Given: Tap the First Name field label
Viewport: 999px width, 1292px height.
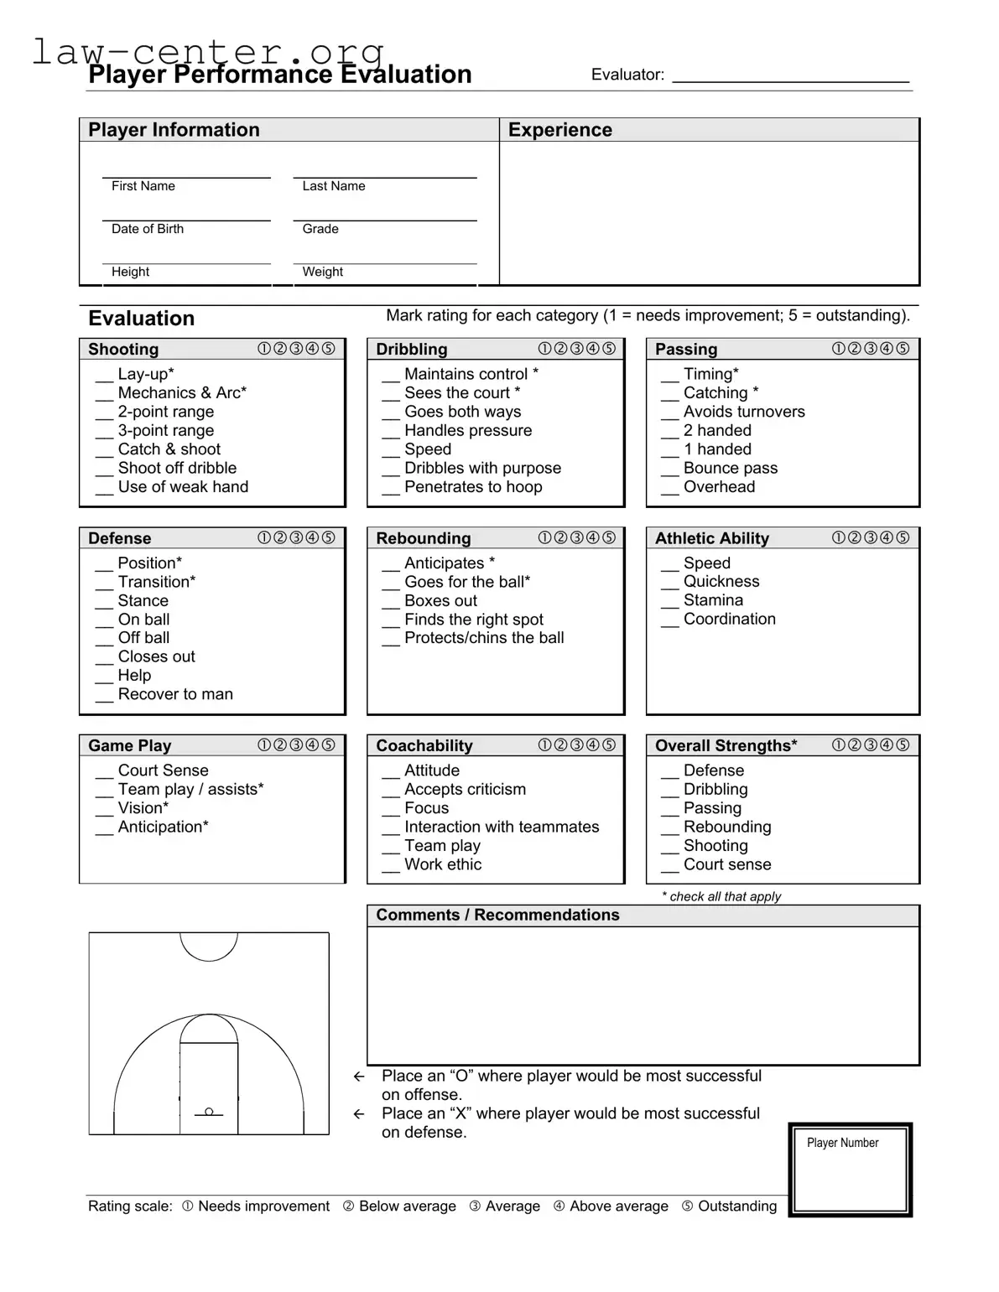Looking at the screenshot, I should click(143, 186).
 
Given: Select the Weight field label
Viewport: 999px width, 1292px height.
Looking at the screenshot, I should click(323, 272).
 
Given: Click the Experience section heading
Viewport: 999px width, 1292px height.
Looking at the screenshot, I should click(560, 130).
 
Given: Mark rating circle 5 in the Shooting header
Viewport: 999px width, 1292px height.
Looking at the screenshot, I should click(328, 349).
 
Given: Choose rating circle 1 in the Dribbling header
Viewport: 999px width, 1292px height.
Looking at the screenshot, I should click(545, 349).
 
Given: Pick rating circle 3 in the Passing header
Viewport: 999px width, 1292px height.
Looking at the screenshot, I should click(871, 349).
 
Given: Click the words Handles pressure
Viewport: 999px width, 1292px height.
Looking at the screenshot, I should click(468, 430).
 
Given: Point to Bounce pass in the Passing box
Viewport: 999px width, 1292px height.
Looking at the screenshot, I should click(731, 468).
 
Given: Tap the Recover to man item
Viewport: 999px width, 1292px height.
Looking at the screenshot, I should click(175, 694).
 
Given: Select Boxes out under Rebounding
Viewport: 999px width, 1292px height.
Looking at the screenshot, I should click(440, 600).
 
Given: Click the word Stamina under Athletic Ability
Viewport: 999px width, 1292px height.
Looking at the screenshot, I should click(713, 600).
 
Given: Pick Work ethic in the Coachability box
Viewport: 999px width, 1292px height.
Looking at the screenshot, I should click(443, 864).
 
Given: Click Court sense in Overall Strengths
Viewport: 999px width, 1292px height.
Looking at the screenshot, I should click(727, 864).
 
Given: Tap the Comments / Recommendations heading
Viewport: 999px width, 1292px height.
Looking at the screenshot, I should click(497, 915).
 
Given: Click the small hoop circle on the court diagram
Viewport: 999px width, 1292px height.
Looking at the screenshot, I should click(209, 1112).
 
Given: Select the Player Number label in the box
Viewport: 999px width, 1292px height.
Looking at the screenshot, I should click(842, 1143).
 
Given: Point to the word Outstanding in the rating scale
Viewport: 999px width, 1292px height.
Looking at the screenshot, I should click(737, 1206).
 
